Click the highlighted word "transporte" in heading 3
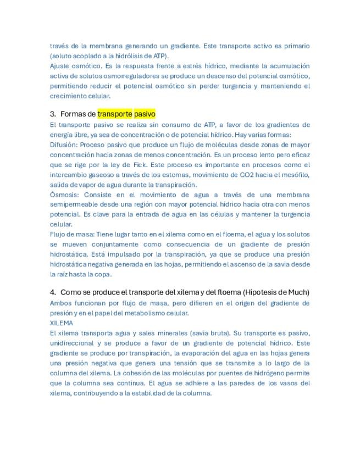coord(115,114)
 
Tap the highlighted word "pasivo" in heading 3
coord(145,114)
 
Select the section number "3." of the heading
coord(53,114)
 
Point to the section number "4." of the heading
coord(53,292)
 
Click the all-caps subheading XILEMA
coord(61,323)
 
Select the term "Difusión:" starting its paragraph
coord(64,145)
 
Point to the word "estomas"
coord(168,175)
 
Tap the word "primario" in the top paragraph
coord(296,46)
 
